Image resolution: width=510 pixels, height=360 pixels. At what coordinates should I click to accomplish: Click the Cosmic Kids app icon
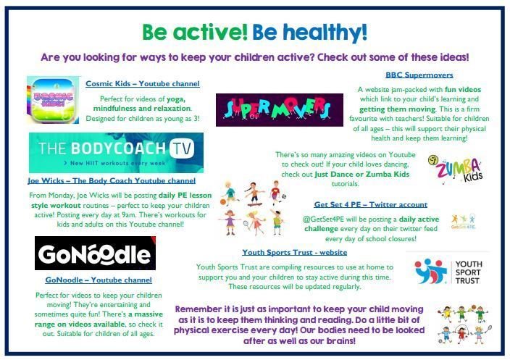[53, 100]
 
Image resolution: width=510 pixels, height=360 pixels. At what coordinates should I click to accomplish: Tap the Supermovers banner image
[280, 110]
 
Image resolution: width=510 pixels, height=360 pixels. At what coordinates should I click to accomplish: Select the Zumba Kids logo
[456, 169]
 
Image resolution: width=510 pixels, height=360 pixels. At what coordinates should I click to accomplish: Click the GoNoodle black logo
[96, 253]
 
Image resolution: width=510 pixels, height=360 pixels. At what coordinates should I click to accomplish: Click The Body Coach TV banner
[116, 153]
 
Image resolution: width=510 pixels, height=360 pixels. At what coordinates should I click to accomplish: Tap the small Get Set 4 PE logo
[464, 222]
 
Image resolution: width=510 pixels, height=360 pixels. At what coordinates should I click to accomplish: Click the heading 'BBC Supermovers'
[419, 75]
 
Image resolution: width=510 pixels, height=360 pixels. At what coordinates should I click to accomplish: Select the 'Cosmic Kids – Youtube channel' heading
[143, 83]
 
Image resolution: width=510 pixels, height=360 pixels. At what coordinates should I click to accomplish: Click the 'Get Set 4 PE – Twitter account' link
[371, 204]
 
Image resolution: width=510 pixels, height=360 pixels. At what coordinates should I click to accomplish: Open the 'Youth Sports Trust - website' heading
[295, 252]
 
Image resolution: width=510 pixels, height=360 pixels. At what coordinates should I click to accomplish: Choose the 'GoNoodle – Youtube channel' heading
[99, 280]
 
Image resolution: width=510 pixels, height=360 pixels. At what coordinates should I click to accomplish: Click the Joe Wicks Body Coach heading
[112, 181]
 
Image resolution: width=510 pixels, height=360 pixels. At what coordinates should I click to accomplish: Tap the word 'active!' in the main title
[210, 32]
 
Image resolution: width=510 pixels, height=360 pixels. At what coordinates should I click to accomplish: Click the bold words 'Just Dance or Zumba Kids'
[362, 175]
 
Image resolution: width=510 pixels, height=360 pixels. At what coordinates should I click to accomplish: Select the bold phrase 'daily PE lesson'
[185, 196]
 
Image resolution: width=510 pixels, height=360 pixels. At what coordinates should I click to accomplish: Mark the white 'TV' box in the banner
[182, 148]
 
